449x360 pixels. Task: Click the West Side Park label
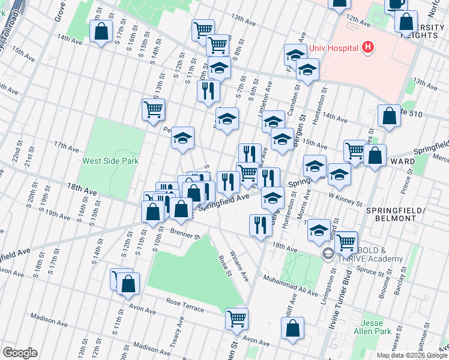[x=110, y=161]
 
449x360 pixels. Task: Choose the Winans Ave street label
[x=241, y=268]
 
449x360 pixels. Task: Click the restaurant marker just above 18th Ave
[x=260, y=226]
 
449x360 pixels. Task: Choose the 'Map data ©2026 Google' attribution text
[x=411, y=355]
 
